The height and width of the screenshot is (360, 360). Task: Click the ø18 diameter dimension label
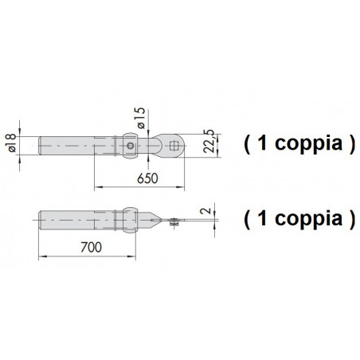coord(12,143)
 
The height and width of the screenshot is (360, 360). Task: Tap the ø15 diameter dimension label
coord(141,118)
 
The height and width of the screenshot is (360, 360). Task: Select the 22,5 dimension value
coord(209,141)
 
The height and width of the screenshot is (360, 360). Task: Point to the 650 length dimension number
coord(147,178)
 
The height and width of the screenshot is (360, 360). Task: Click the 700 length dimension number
coord(91,247)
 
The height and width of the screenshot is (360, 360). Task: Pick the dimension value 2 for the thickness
coord(205,211)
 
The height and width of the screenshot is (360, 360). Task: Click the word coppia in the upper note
coord(308,145)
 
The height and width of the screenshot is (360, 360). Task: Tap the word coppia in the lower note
coord(308,220)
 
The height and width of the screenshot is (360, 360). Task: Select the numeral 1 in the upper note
coord(262,143)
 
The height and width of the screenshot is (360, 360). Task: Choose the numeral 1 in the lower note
coord(262,218)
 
